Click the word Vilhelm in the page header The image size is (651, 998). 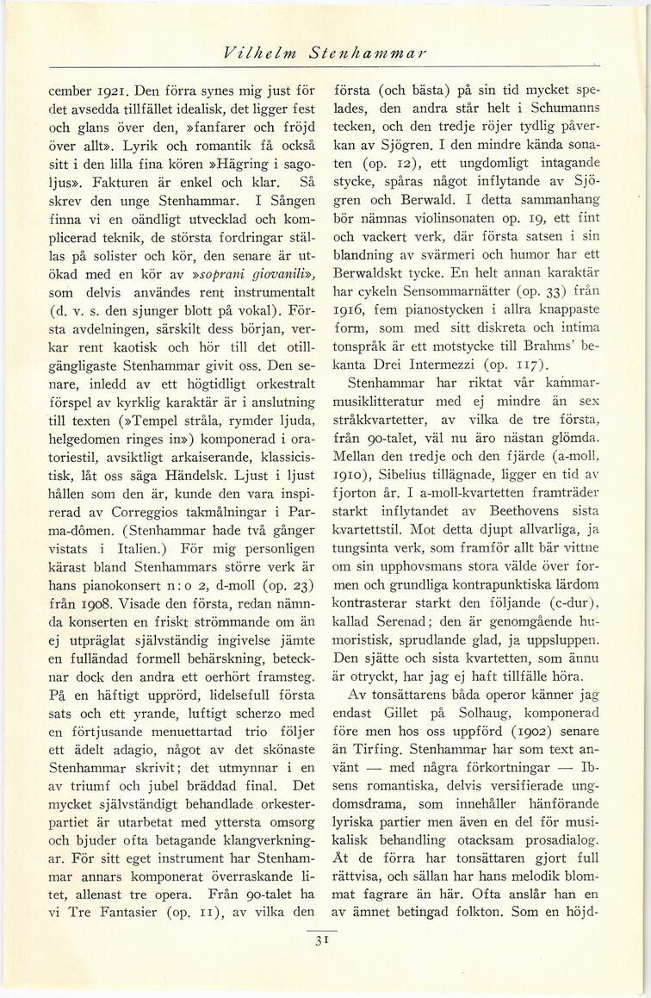[x=245, y=53]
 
